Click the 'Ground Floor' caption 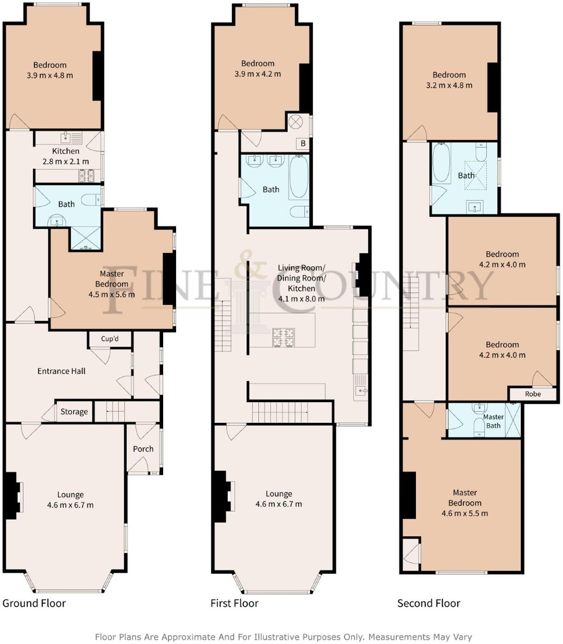(34, 603)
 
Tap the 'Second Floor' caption (428, 603)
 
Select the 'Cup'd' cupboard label (110, 339)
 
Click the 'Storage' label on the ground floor (74, 411)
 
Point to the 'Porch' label (143, 449)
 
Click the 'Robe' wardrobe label (533, 394)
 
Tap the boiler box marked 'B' (303, 143)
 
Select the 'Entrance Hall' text (61, 371)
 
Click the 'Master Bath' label (493, 421)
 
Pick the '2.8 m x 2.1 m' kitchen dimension (66, 161)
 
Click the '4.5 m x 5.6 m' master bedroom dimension (112, 294)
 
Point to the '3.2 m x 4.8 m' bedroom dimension (449, 85)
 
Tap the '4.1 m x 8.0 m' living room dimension (301, 298)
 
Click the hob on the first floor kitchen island (284, 337)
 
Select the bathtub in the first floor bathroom (299, 177)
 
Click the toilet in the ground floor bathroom (90, 200)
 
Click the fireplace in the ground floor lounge (13, 496)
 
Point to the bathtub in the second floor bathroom (441, 163)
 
